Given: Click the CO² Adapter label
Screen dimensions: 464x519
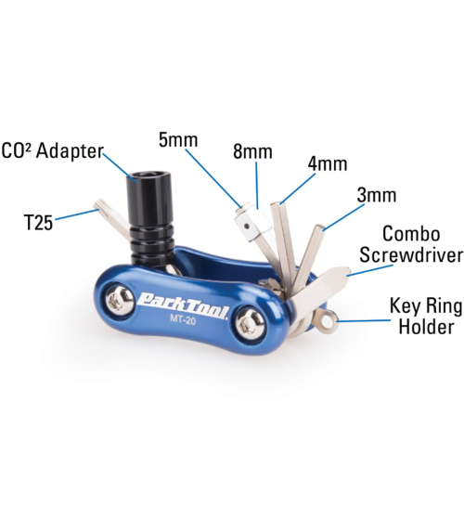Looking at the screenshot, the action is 53,151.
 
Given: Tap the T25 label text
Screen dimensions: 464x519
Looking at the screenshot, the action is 39,223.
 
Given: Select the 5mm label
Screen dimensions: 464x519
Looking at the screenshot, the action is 178,139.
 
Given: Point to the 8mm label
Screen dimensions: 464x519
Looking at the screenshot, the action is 253,151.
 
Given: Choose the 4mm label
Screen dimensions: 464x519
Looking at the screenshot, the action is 328,163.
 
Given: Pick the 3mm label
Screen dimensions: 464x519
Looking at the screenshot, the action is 377,195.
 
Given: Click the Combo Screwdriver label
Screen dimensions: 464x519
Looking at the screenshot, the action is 411,244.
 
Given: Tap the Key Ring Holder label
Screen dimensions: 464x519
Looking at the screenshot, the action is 426,316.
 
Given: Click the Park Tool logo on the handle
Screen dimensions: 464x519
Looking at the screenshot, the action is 183,303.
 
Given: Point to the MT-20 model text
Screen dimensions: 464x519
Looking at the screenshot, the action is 183,319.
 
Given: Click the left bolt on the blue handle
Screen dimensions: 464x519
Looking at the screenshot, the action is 120,300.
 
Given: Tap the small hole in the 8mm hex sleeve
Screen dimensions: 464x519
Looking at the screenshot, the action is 248,226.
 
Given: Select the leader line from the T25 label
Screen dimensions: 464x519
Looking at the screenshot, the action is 75,214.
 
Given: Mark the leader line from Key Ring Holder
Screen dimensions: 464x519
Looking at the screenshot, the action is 364,320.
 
